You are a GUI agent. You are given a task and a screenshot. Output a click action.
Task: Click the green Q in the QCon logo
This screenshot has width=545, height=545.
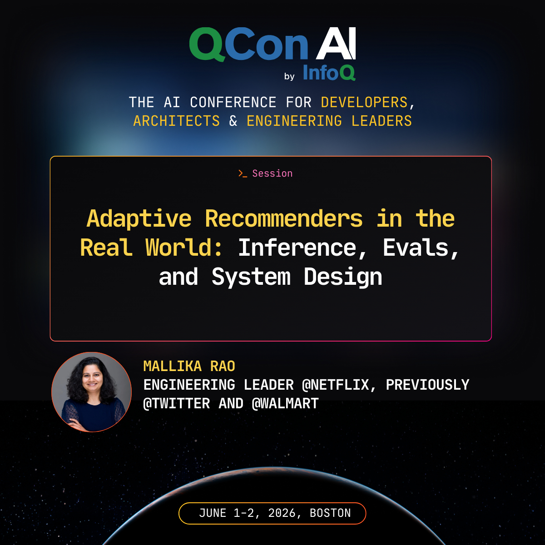[x=207, y=44]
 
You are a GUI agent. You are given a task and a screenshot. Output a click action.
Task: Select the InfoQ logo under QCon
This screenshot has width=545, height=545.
[x=329, y=73]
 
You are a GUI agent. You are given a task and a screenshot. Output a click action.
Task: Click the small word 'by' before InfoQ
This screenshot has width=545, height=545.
[x=289, y=76]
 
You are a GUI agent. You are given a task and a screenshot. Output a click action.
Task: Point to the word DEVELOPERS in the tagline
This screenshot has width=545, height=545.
[x=364, y=102]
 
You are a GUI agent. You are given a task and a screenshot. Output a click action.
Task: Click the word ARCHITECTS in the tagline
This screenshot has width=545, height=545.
[x=177, y=121]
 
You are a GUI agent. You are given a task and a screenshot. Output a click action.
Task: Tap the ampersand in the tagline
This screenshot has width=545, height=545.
[x=233, y=121]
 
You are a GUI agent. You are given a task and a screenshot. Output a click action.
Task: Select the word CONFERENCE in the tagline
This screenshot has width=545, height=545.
[x=233, y=102]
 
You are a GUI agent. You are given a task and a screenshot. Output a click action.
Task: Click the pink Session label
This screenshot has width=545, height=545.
[x=272, y=173]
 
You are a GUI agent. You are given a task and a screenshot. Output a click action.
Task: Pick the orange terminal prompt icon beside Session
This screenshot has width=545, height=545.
[x=243, y=173]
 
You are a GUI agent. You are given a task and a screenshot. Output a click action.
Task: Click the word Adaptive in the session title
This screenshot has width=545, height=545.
[x=139, y=219]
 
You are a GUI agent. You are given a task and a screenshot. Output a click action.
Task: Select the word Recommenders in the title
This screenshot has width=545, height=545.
[x=284, y=218]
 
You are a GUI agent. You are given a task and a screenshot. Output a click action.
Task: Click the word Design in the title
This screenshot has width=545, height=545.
[x=343, y=277]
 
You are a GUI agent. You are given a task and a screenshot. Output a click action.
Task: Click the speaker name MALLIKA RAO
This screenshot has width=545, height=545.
[x=189, y=366]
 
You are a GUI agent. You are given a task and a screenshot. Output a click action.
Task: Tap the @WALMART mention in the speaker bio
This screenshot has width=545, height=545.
[x=285, y=404]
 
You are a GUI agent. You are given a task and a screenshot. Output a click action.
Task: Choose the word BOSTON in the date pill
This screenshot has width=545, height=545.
[x=330, y=513]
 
